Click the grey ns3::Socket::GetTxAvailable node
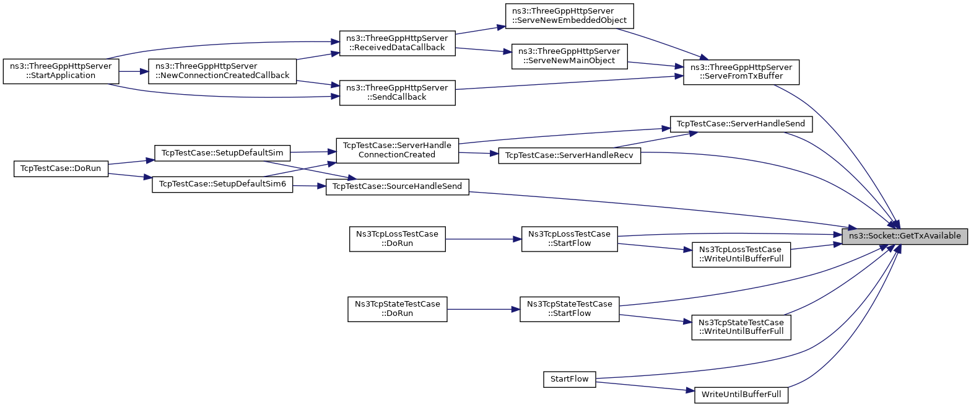pos(905,236)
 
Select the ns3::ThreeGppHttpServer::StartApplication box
pos(61,71)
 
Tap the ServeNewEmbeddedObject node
pos(570,16)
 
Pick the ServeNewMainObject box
pos(570,56)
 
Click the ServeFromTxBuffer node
pos(741,72)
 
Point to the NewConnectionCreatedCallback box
pos(222,71)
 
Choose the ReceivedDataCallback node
pos(398,43)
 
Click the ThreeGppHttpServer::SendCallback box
pos(398,93)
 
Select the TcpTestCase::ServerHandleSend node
pos(741,124)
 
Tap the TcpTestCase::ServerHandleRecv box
pos(570,155)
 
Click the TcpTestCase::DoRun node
pos(61,168)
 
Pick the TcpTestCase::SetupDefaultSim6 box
pos(222,185)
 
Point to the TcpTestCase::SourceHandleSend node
pos(398,187)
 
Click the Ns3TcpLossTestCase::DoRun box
pos(398,239)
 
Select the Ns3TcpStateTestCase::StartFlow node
pos(570,310)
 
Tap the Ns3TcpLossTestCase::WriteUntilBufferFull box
pos(741,255)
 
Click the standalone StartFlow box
pos(570,379)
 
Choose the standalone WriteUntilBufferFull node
pos(741,395)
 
